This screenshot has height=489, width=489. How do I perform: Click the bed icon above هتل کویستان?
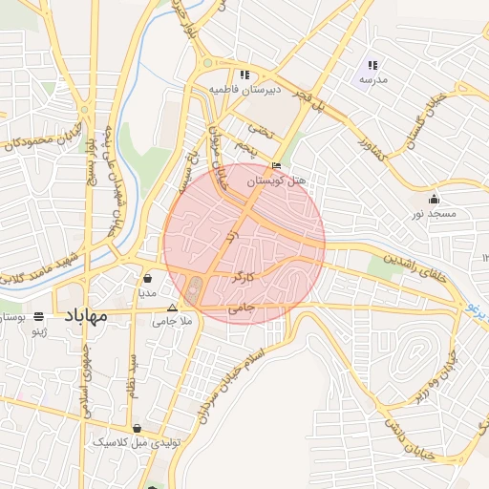tap(277, 165)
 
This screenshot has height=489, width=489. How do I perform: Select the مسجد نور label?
tap(435, 214)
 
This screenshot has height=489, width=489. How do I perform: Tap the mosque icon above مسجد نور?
tap(435, 200)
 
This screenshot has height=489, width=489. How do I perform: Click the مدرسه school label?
tap(373, 80)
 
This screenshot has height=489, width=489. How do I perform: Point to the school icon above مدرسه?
tap(373, 66)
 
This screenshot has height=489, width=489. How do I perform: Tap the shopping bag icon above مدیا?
tap(148, 279)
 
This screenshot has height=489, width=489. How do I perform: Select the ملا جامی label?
tap(173, 323)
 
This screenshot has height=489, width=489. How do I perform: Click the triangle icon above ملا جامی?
tap(173, 308)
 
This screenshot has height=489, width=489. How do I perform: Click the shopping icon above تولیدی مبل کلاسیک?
tap(138, 429)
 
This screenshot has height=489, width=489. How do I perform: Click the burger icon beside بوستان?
tap(38, 315)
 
